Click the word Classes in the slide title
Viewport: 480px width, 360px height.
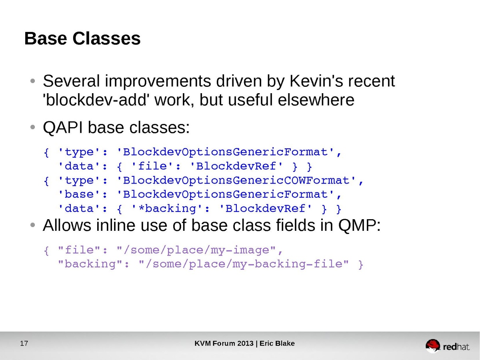(x=106, y=38)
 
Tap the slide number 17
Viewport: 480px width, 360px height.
(x=24, y=343)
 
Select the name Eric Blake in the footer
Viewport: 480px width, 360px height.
(x=277, y=343)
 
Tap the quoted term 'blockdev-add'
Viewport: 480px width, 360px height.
(x=95, y=100)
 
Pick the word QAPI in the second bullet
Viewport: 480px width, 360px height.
(x=63, y=128)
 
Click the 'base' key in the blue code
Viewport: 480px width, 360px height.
(x=80, y=194)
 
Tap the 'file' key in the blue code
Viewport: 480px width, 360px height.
(x=153, y=166)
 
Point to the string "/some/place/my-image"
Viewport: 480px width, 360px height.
(x=196, y=250)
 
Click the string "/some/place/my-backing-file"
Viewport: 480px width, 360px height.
(x=244, y=264)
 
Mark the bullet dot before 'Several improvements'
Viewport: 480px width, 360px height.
(x=33, y=81)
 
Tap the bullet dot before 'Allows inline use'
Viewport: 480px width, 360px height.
(x=33, y=225)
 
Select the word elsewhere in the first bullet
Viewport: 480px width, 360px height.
(x=316, y=100)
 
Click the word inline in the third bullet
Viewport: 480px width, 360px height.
(x=116, y=225)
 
